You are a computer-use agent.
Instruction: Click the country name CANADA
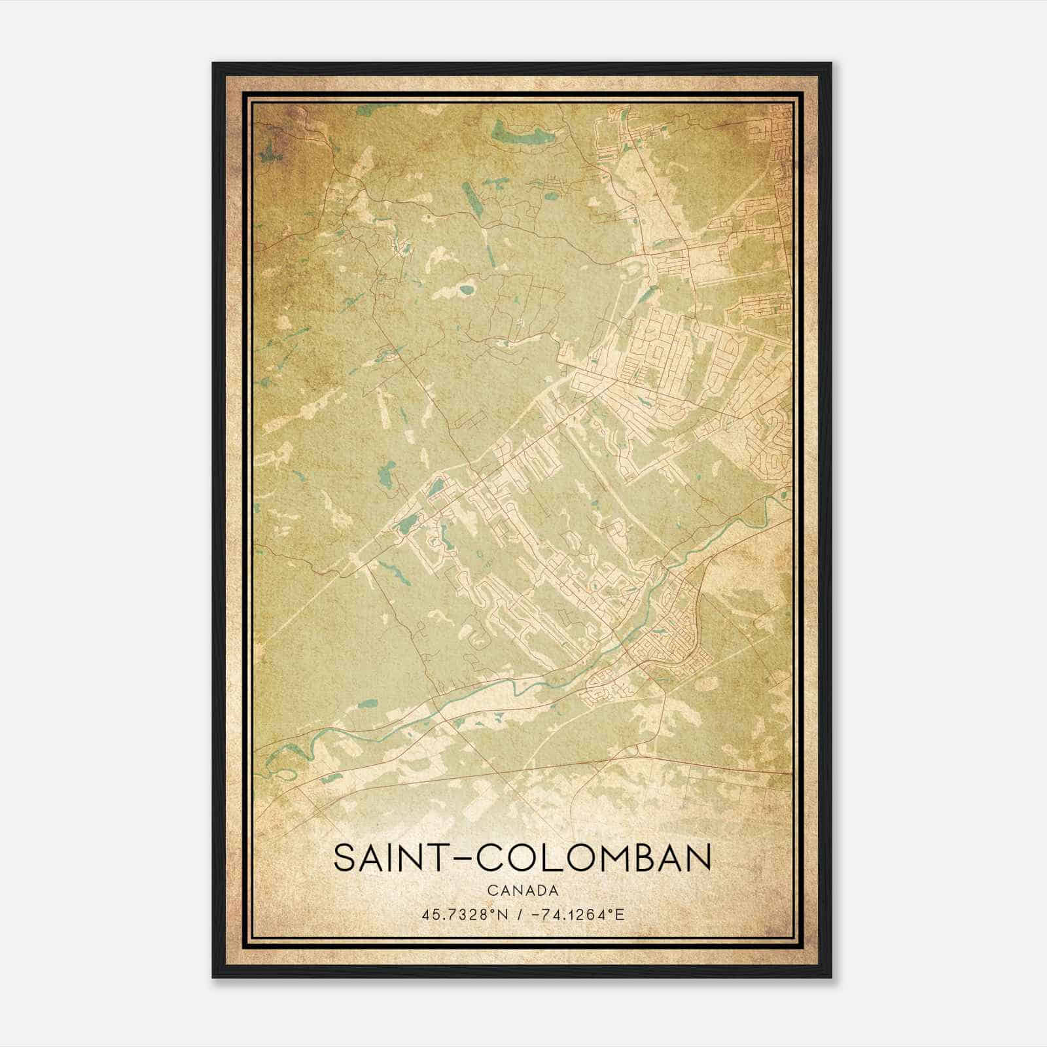523,891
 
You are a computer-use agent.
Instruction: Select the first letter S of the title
346,858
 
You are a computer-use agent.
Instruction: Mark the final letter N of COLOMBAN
697,858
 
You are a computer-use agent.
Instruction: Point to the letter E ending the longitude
620,914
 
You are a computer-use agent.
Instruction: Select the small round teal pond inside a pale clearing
467,289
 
